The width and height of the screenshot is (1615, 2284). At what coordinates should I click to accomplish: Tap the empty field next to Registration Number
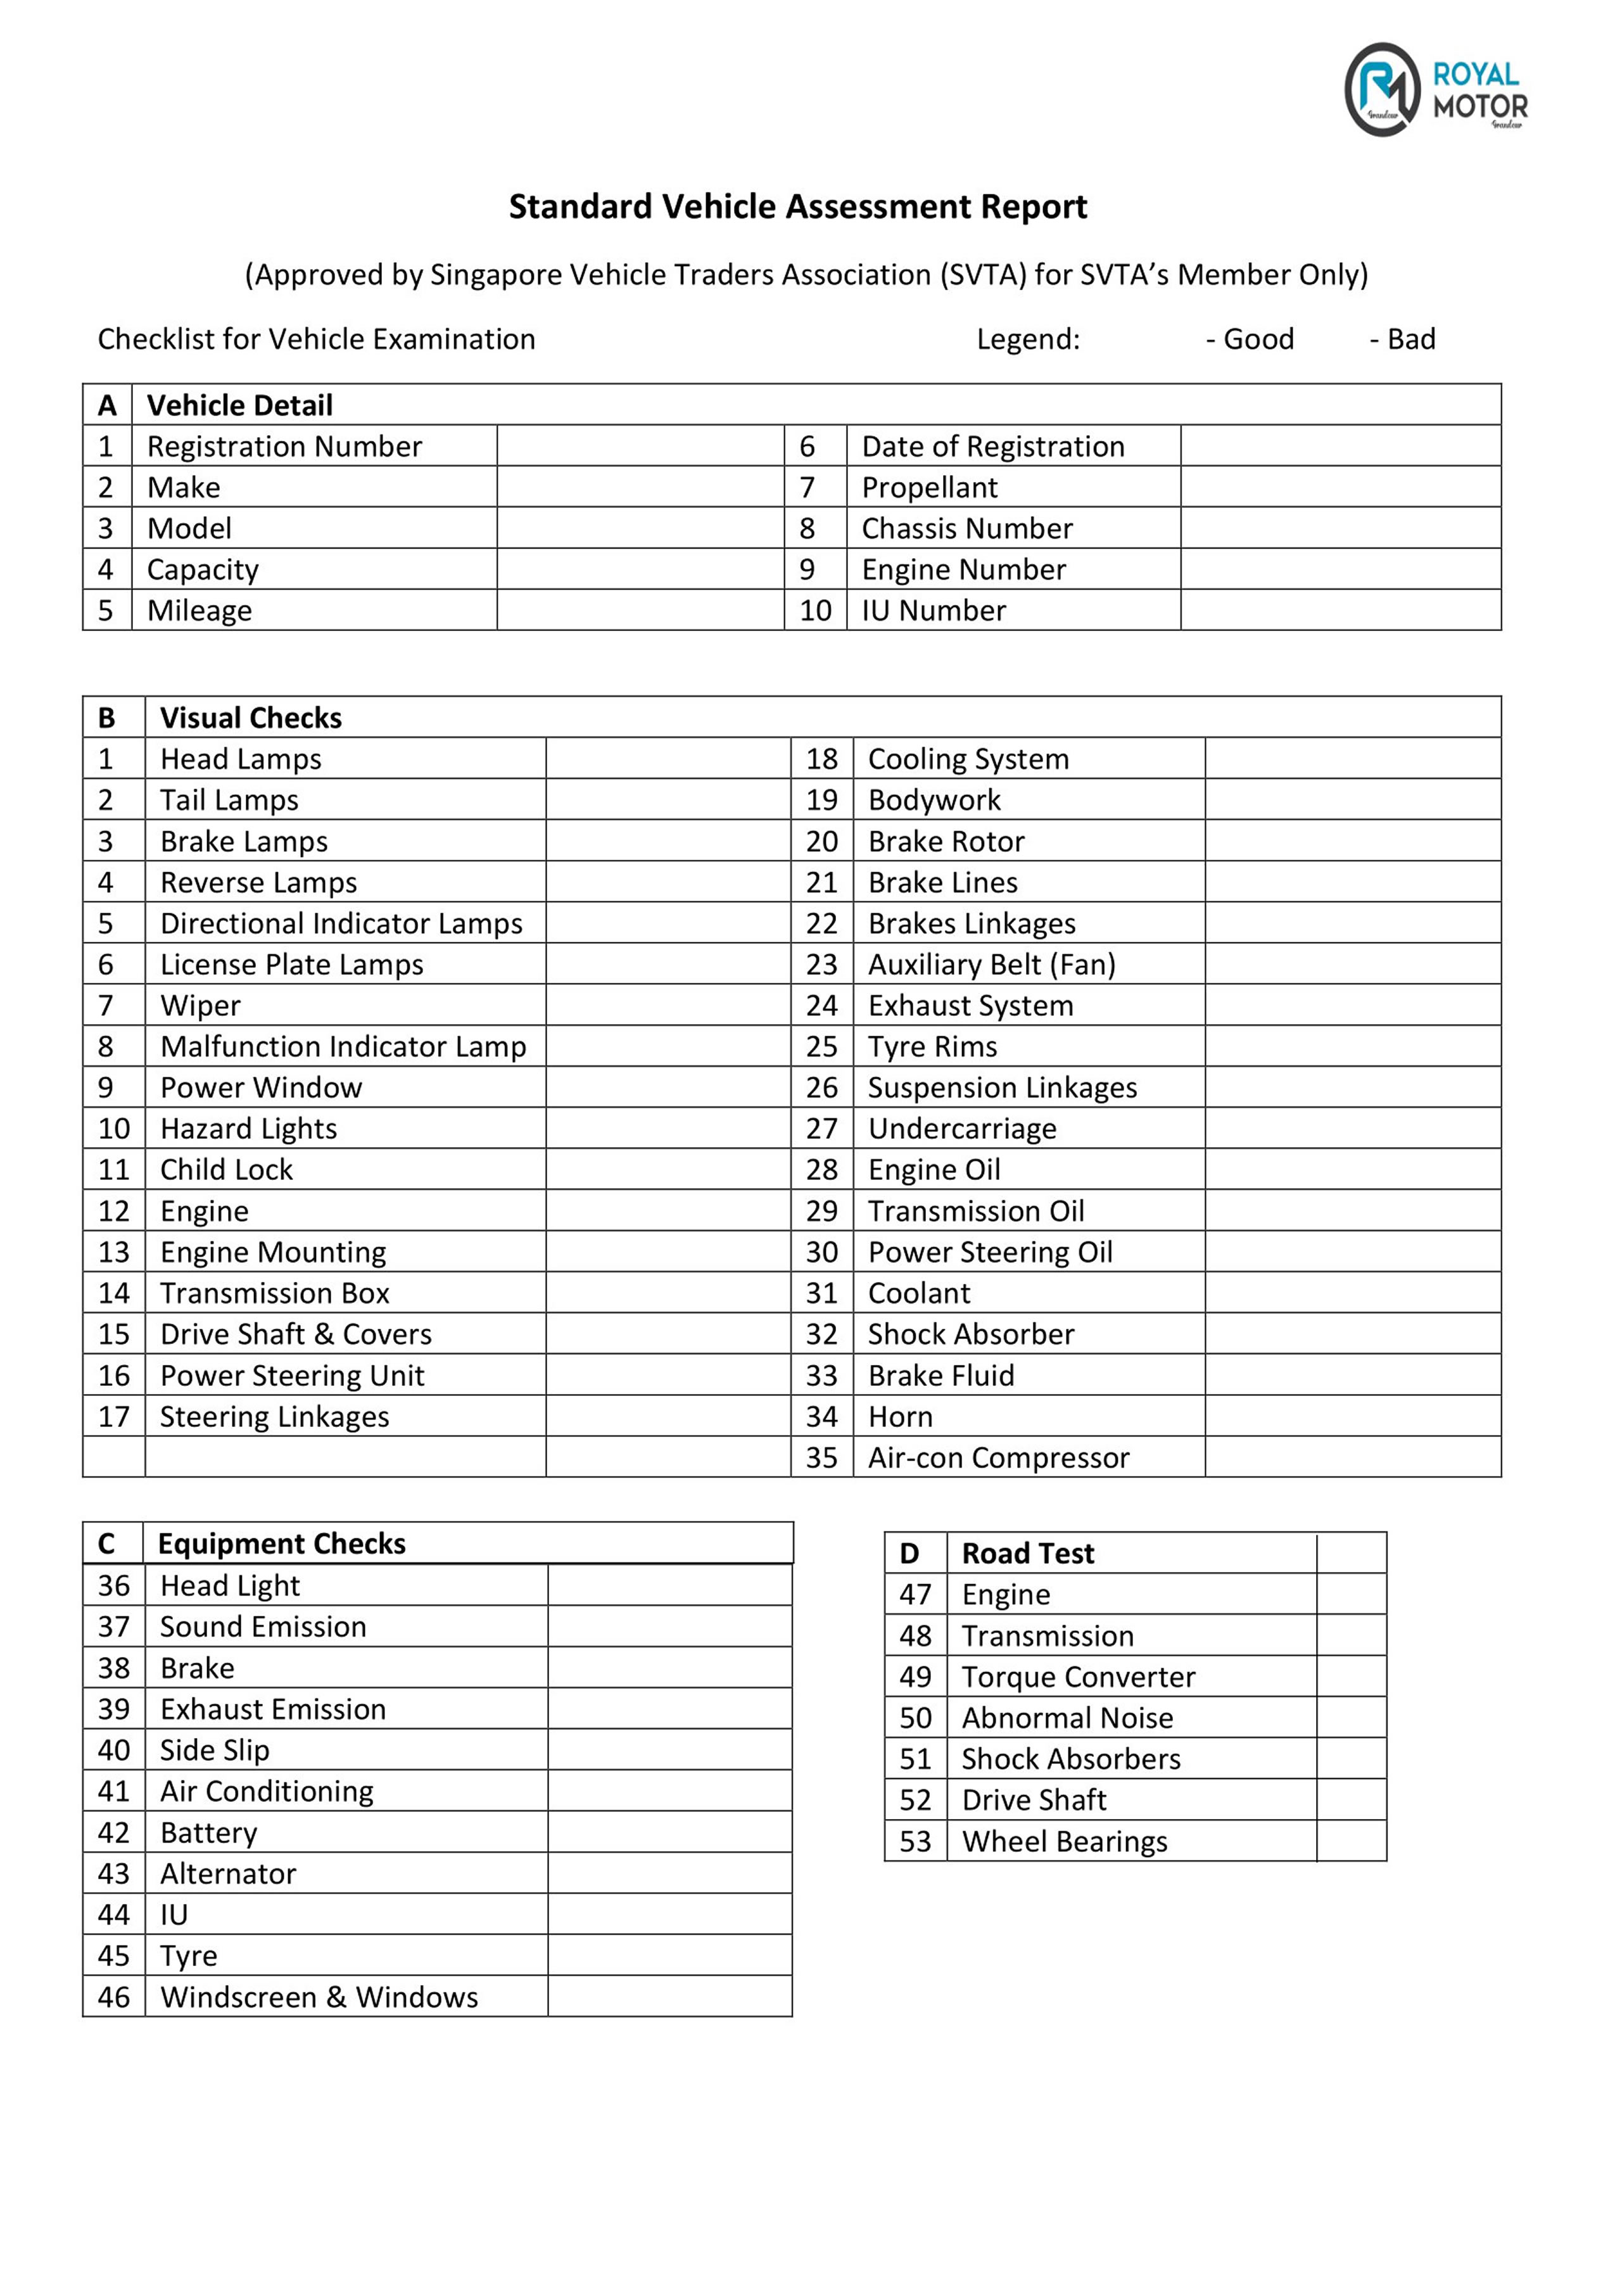click(640, 446)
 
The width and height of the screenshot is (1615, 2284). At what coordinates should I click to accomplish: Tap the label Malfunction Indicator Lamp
click(343, 1046)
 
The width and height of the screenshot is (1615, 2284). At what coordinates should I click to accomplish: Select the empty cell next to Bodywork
click(1352, 800)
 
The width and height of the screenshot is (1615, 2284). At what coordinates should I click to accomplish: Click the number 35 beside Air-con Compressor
click(821, 1457)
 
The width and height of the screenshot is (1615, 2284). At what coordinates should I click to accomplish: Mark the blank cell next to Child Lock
click(668, 1170)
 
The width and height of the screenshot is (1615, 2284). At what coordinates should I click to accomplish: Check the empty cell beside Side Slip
click(669, 1750)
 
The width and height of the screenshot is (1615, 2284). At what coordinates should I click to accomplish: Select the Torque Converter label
click(1078, 1677)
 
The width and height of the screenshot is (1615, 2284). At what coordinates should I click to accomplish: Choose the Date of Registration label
click(992, 446)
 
